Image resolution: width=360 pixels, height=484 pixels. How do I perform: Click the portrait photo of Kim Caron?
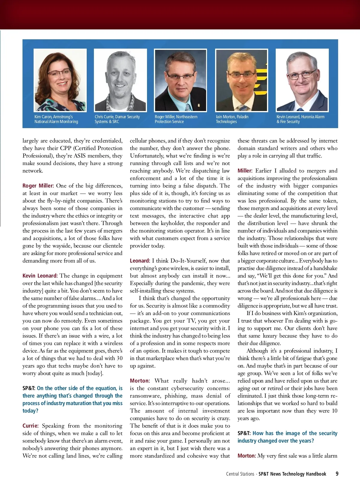(x=60, y=80)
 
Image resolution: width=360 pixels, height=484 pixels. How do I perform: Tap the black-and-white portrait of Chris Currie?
(x=120, y=80)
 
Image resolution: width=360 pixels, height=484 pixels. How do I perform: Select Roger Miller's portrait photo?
(x=180, y=80)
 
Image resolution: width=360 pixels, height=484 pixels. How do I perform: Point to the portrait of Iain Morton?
(x=241, y=80)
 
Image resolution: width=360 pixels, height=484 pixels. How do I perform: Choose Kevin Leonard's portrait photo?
(x=302, y=80)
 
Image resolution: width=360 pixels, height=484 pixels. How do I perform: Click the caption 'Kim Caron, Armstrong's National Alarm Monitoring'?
(x=56, y=119)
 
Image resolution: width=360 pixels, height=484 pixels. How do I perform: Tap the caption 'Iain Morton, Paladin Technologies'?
(x=232, y=119)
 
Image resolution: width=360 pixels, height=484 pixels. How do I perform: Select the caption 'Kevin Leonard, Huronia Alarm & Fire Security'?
(x=300, y=119)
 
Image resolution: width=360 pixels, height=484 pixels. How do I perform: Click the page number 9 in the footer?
(x=337, y=474)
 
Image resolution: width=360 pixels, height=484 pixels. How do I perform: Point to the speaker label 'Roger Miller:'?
(x=38, y=186)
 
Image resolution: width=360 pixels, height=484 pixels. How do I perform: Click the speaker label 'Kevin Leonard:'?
(x=40, y=276)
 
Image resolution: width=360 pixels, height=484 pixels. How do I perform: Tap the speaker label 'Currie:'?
(x=30, y=426)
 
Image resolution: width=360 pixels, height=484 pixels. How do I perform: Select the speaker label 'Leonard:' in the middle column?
(x=140, y=261)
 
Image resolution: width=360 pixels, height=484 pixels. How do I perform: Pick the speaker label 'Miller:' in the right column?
(x=245, y=171)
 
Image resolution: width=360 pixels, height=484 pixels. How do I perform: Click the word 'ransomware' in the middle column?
(x=143, y=396)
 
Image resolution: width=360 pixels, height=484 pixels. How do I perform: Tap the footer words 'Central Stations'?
(x=240, y=474)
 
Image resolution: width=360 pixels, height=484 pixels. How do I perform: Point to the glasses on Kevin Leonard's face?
(x=302, y=74)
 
